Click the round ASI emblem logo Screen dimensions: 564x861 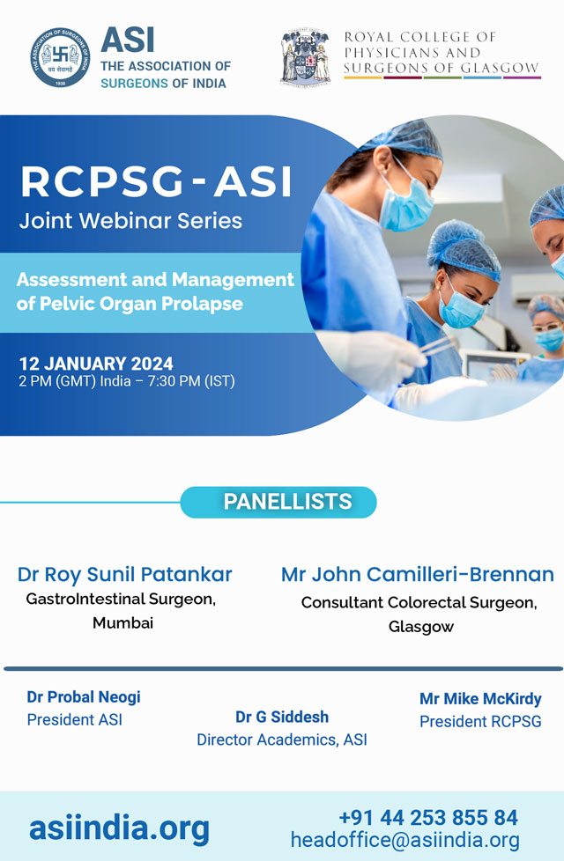click(x=61, y=57)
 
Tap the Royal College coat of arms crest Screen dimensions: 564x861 click(x=305, y=57)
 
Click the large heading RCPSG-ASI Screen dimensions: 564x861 click(x=156, y=181)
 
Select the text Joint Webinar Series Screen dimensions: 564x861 click(x=130, y=221)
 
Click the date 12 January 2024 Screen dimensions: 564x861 click(x=96, y=364)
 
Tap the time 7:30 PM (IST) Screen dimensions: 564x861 click(x=191, y=381)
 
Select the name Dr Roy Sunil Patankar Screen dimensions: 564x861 click(x=125, y=574)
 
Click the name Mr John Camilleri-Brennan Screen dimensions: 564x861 click(x=418, y=574)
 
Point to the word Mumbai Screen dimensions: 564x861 click(x=122, y=622)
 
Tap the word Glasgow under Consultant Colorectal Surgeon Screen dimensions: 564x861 click(x=421, y=627)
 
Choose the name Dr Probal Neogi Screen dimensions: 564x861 click(x=84, y=697)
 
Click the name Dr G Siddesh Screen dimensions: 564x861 click(x=282, y=717)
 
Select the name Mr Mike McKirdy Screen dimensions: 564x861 click(x=480, y=698)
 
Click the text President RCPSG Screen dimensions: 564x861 click(x=480, y=722)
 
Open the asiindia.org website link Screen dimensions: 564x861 click(x=119, y=828)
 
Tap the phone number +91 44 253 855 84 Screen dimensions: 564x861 click(x=429, y=818)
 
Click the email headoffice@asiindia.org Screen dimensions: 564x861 click(x=405, y=840)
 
